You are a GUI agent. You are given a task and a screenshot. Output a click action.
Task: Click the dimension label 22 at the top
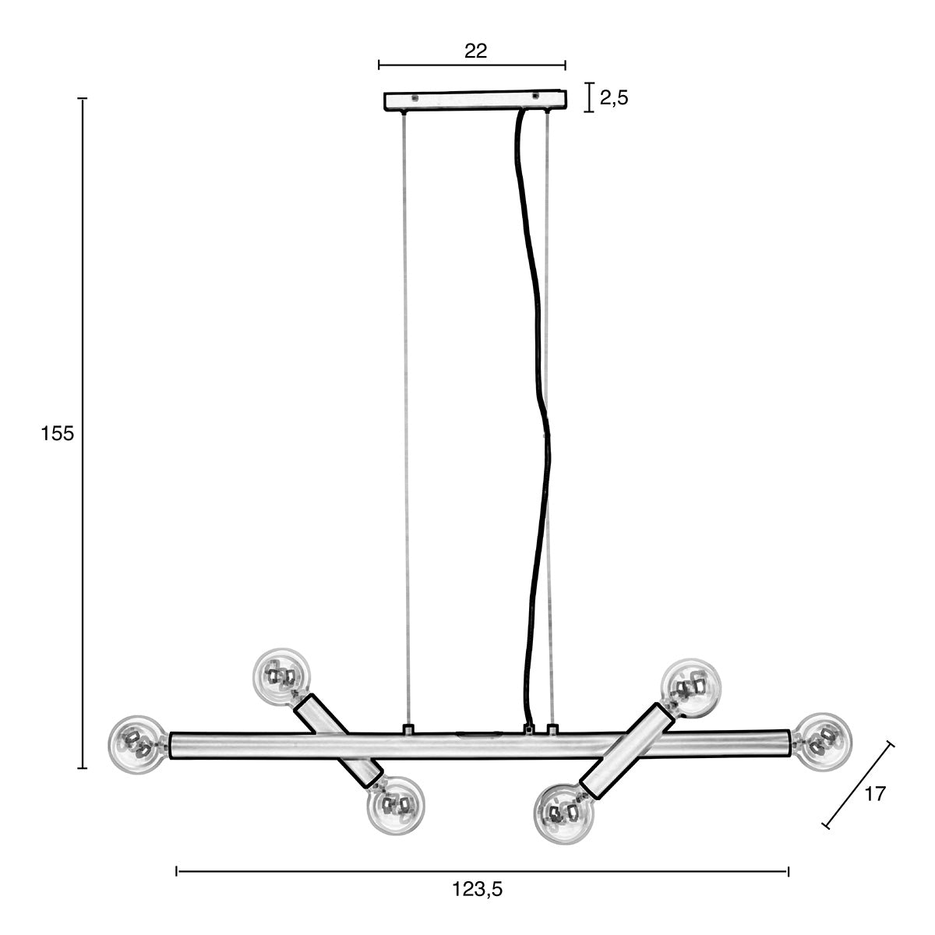475,51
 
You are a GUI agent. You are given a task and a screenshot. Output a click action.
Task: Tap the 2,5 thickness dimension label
614,98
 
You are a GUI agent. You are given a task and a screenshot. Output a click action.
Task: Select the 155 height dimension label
57,433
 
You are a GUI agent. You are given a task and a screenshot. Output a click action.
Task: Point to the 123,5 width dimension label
478,889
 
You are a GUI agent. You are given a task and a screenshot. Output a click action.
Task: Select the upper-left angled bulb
281,677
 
